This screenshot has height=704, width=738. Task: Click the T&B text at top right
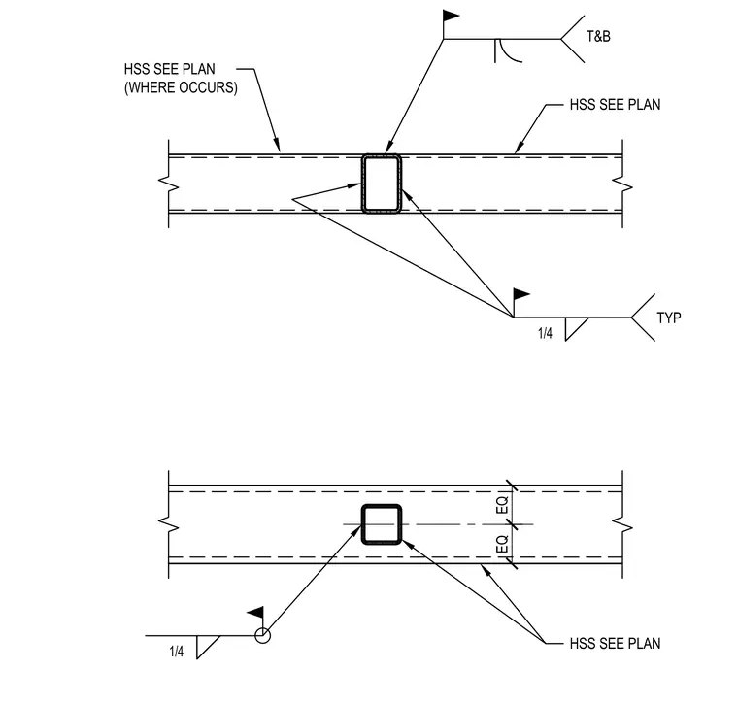click(598, 36)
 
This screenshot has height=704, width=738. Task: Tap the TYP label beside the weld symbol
click(669, 318)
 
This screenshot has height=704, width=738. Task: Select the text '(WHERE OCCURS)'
click(181, 87)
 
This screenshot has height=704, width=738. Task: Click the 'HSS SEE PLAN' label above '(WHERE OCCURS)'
click(169, 69)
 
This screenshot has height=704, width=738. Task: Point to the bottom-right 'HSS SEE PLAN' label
click(615, 643)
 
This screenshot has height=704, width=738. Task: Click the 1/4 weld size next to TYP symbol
click(545, 334)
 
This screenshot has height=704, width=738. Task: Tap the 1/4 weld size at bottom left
click(177, 652)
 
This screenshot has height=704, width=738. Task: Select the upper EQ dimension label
click(503, 505)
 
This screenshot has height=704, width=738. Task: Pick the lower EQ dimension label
click(503, 544)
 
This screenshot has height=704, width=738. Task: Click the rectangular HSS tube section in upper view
click(362, 184)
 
